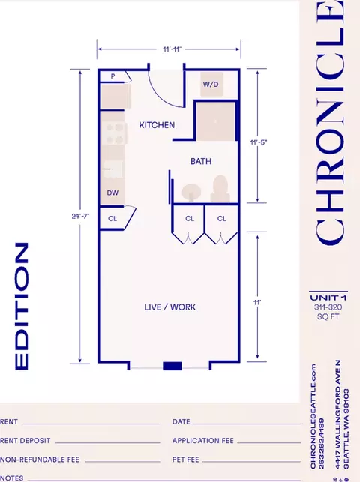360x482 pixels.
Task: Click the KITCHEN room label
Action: coord(157,125)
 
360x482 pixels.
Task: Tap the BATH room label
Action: coord(201,161)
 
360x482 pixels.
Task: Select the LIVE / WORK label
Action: coord(170,307)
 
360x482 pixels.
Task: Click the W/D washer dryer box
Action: coord(211,84)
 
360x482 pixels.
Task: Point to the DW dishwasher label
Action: coord(112,193)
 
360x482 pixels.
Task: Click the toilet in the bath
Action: coord(220,188)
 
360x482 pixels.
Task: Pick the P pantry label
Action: coord(112,76)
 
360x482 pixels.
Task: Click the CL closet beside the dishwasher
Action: coord(112,219)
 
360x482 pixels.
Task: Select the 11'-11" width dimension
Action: coord(172,49)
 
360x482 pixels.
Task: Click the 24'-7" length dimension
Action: coord(80,216)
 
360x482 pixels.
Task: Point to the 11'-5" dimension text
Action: coord(259,142)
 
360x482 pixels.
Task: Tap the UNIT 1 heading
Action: coord(328,298)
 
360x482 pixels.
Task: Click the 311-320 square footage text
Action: coord(328,307)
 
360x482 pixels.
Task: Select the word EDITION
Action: coord(22,306)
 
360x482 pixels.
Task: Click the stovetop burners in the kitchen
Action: coord(114,133)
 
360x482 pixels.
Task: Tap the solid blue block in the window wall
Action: coord(172,366)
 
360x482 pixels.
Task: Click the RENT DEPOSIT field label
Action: coord(25,441)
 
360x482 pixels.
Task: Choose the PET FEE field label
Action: coord(186,460)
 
